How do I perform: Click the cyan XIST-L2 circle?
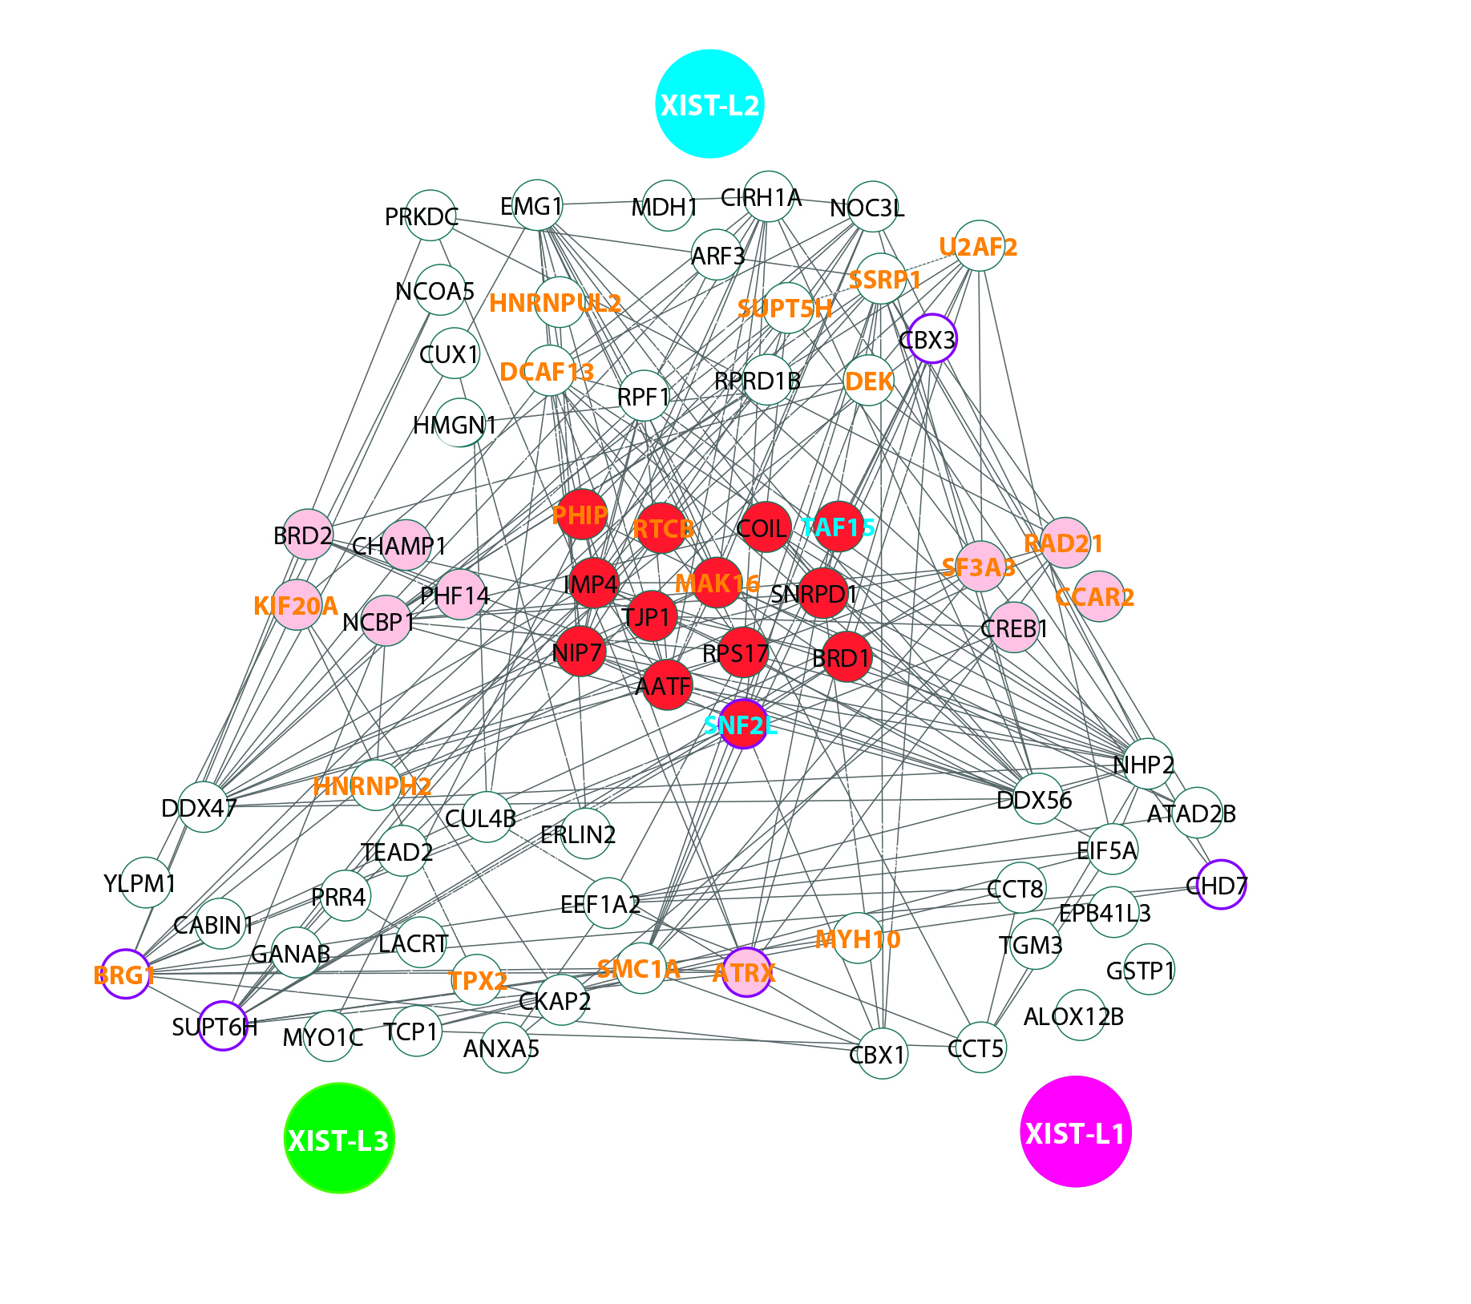709,104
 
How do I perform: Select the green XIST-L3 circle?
339,1138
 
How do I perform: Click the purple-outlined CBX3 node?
932,338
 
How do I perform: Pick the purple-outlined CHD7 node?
1221,884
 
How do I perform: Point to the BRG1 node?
126,974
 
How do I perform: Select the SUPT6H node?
222,1026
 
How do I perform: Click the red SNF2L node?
744,724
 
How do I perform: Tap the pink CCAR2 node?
1098,596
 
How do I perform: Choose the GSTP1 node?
1149,969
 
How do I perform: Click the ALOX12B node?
1080,1015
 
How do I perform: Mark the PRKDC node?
430,215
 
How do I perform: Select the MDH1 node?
667,205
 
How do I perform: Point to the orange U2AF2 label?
978,247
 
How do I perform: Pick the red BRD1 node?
847,656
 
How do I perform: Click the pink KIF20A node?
297,605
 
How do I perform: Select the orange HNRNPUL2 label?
555,304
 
